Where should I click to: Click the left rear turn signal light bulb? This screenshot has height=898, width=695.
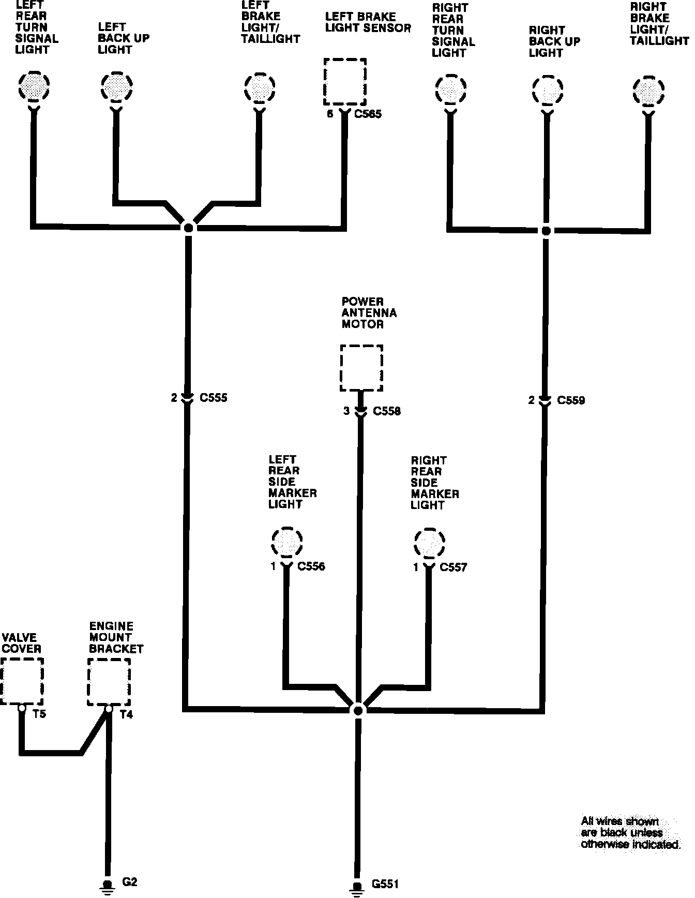click(34, 86)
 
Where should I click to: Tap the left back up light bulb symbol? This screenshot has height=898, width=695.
click(116, 86)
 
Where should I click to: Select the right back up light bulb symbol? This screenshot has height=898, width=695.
click(547, 92)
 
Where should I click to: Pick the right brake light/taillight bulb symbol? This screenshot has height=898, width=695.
click(648, 92)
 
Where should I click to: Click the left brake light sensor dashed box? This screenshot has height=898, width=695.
click(345, 82)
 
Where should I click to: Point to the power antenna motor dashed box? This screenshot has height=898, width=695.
click(361, 368)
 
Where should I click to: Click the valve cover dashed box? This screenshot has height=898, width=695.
click(22, 681)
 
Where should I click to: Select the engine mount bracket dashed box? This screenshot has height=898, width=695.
click(109, 681)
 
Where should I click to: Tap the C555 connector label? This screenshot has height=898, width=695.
click(213, 398)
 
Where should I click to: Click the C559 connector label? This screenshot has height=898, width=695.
click(571, 400)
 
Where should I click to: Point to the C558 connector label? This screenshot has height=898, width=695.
click(387, 412)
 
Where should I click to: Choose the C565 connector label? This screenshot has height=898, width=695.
click(368, 114)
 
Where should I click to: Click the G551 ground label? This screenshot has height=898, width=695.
click(385, 885)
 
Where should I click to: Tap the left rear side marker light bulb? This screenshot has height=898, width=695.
click(286, 543)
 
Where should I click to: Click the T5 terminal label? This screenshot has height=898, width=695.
click(39, 714)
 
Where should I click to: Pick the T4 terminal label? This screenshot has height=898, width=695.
click(126, 715)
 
